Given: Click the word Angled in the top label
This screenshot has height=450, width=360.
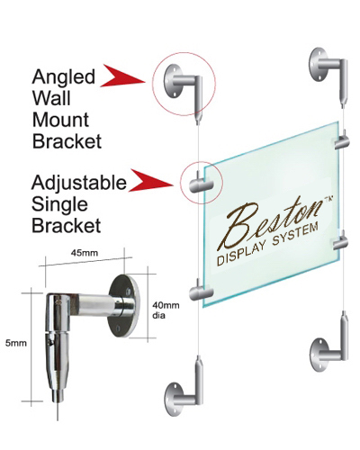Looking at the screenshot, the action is click(x=64, y=76).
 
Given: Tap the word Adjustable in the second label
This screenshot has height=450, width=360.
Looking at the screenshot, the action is click(x=79, y=182).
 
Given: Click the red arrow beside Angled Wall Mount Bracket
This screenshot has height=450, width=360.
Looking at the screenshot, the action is click(x=122, y=76).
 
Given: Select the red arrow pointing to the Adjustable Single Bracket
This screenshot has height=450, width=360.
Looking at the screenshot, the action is click(x=151, y=180).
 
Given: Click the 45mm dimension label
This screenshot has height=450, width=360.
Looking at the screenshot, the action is click(x=85, y=253).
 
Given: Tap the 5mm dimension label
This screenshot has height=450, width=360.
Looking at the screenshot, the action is click(x=16, y=343).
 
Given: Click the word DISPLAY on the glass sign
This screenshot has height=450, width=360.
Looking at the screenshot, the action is click(x=241, y=255).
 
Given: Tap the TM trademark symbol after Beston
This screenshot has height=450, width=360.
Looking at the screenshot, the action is click(x=328, y=199).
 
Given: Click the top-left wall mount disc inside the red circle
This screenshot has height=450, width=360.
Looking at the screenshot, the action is click(x=171, y=81).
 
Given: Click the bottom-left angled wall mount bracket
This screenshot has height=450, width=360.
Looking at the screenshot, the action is click(x=184, y=387).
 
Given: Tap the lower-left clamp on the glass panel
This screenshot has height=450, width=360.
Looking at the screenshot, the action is click(x=201, y=291).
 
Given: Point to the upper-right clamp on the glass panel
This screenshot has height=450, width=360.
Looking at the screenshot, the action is click(x=341, y=140).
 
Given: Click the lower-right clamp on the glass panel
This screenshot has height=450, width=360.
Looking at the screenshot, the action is click(x=341, y=240).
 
